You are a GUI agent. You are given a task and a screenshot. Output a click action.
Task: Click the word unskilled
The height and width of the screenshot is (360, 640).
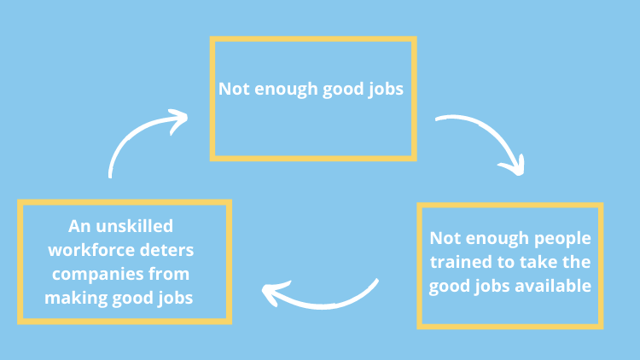tap(134, 226)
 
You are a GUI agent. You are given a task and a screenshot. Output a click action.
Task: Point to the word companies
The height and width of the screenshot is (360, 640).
tap(97, 275)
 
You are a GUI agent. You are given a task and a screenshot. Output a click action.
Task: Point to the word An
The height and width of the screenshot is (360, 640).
tap(79, 226)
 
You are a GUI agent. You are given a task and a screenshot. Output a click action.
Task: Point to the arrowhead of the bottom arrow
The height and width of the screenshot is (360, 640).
tap(274, 293)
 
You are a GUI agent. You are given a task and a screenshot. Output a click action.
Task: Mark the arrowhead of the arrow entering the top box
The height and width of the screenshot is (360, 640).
tap(178, 120)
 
